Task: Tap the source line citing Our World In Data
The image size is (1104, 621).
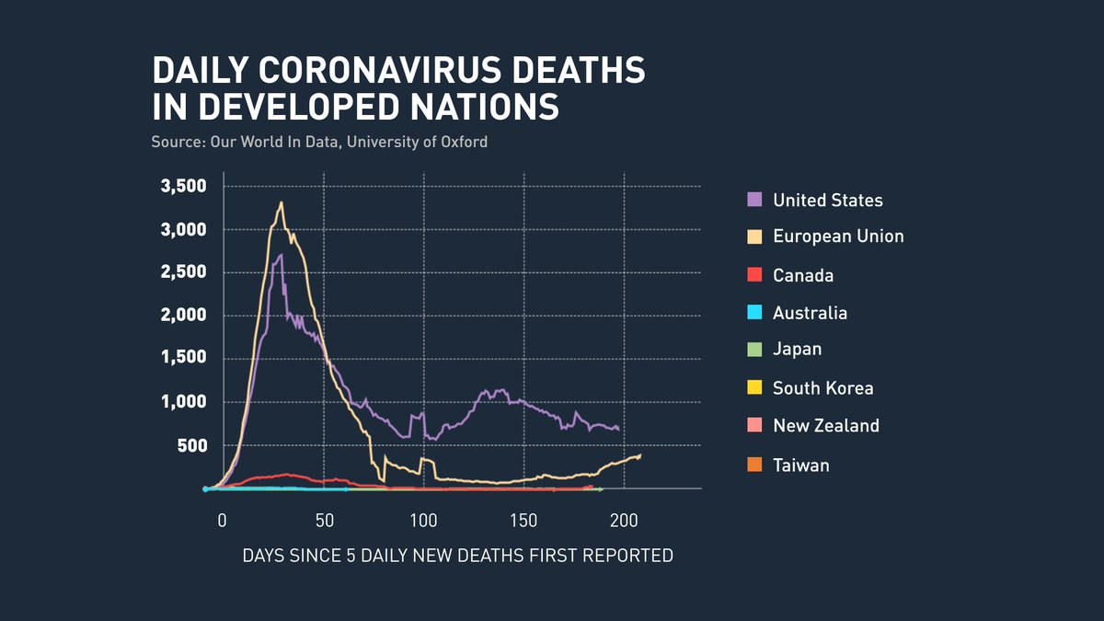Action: (319, 143)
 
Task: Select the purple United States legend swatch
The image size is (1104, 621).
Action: (754, 200)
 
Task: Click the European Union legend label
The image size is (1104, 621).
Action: (838, 236)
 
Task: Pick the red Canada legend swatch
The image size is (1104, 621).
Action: (754, 275)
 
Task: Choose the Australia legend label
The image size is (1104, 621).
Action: (810, 313)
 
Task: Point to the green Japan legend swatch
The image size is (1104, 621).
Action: (754, 350)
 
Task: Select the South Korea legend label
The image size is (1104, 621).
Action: (822, 388)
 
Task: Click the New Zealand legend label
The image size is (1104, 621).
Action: (825, 426)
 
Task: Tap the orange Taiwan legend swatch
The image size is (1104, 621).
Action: (754, 466)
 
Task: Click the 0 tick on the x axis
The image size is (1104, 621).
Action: (222, 521)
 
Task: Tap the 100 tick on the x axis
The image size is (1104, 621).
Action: (423, 521)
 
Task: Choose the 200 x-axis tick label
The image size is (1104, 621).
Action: (624, 521)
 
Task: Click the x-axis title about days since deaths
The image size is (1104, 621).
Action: (457, 557)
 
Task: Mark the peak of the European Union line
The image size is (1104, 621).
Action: (282, 203)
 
